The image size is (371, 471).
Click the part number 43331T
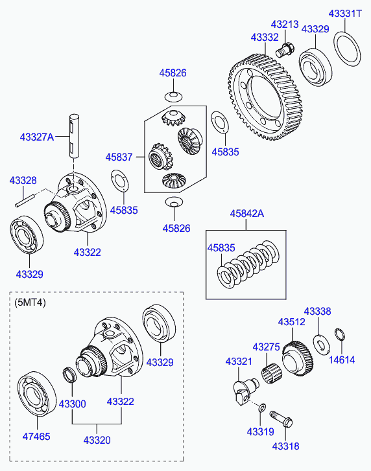[x=345, y=14]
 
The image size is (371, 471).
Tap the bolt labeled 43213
[x=285, y=51]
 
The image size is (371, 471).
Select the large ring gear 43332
[x=265, y=97]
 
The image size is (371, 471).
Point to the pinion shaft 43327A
[x=74, y=136]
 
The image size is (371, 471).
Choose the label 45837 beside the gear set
[x=119, y=157]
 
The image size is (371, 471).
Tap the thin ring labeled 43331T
[x=347, y=49]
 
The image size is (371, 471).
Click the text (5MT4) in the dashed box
[x=30, y=303]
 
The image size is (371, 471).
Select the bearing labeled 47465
[x=37, y=394]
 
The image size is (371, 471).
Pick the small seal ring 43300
[x=69, y=374]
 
